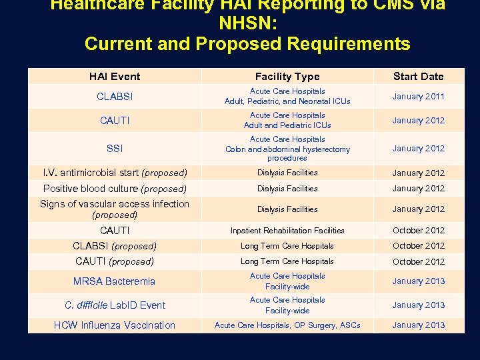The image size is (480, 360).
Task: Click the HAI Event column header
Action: pyautogui.click(x=115, y=77)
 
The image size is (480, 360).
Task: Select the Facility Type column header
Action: pyautogui.click(x=287, y=77)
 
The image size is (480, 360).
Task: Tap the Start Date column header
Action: pyautogui.click(x=418, y=77)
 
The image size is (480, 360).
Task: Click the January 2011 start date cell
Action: pyautogui.click(x=418, y=97)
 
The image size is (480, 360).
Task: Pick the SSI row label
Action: pyautogui.click(x=115, y=149)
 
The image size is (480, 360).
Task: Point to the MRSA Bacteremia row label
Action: pyautogui.click(x=115, y=281)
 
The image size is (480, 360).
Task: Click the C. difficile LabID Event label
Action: pyautogui.click(x=115, y=305)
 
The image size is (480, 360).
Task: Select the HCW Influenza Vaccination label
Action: pyautogui.click(x=115, y=325)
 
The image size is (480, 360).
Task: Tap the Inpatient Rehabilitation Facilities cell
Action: pyautogui.click(x=287, y=231)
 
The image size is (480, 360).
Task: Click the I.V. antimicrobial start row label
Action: pyautogui.click(x=115, y=173)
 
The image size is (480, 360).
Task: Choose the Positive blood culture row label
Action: pyautogui.click(x=115, y=189)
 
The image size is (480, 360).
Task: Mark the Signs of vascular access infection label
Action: pyautogui.click(x=115, y=209)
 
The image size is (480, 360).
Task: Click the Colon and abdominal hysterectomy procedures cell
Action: pyautogui.click(x=287, y=149)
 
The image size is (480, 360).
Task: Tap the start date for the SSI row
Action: pyautogui.click(x=418, y=149)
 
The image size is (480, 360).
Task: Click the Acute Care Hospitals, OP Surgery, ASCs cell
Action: pyautogui.click(x=287, y=325)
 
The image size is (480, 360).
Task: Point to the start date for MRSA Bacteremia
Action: pyautogui.click(x=418, y=281)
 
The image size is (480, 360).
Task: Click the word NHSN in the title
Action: pyautogui.click(x=248, y=25)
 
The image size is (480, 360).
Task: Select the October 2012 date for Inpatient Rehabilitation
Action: pyautogui.click(x=418, y=231)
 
